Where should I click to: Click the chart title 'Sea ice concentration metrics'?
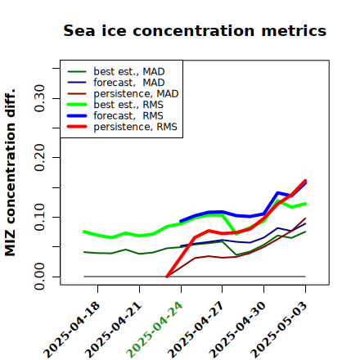coord(195,30)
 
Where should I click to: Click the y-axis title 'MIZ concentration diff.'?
coord(10,173)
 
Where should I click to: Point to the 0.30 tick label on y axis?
coord(39,98)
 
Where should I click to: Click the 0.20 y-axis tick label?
coord(39,157)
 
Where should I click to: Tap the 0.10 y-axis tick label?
coord(39,217)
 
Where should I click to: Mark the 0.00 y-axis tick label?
coord(39,277)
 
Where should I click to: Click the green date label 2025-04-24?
coord(155,330)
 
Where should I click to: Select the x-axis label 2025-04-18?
coord(71,330)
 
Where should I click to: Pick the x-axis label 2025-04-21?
coord(113,330)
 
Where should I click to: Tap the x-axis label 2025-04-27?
coord(196,330)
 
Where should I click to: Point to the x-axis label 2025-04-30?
coord(237,330)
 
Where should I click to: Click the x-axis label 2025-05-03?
coord(279,330)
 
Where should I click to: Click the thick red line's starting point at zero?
coord(167,277)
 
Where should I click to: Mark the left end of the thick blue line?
coord(181,221)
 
